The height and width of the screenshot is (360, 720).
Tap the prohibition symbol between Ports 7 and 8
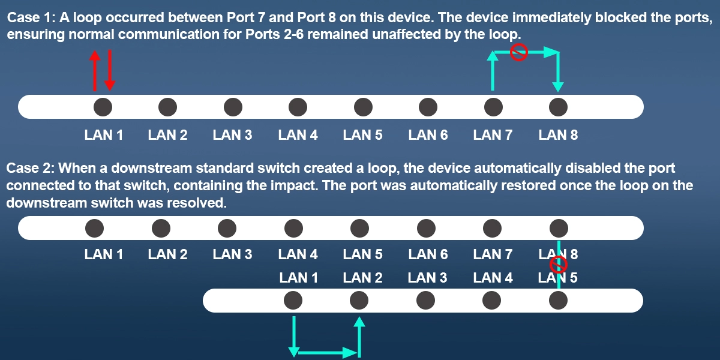coord(519,53)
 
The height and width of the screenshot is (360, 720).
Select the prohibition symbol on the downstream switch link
coord(559,265)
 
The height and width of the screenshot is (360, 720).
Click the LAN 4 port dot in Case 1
coord(298,107)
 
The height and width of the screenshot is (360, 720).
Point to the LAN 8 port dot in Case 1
coord(559,107)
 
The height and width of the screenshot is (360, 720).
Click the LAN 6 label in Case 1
coord(428,135)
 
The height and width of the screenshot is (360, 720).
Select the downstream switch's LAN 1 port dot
coord(293,300)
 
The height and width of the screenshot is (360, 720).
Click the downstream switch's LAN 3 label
coord(427,278)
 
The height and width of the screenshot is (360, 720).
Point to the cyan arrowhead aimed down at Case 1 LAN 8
coord(558,86)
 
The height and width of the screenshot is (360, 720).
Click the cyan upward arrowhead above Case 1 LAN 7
coord(493,56)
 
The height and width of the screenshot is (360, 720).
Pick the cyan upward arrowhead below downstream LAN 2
coord(359,323)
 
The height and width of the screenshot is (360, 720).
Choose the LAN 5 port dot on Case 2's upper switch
coord(360,228)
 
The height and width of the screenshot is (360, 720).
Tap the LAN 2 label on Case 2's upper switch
coord(167,254)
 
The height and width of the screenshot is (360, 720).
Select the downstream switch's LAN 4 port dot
coord(492,300)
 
